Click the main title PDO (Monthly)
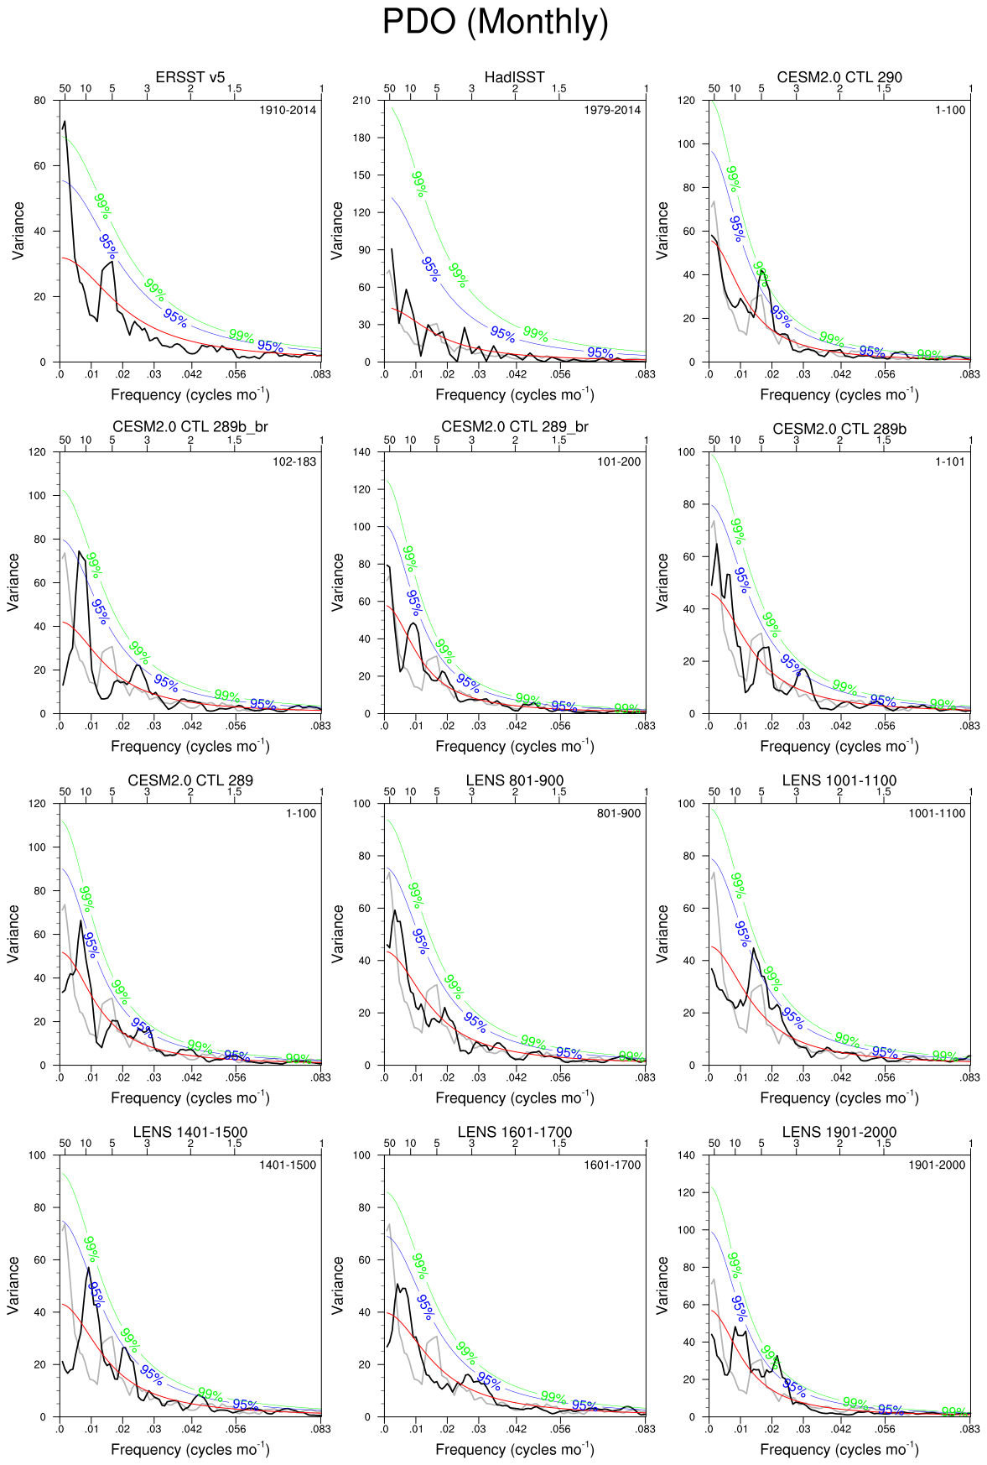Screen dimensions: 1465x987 click(495, 22)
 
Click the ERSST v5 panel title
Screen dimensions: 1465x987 click(190, 77)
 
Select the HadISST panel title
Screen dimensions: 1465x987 click(515, 77)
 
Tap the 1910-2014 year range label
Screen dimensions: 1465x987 click(288, 110)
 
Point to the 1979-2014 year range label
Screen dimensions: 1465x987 click(612, 110)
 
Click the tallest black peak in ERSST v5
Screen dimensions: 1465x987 click(65, 122)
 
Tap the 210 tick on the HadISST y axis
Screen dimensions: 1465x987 click(361, 100)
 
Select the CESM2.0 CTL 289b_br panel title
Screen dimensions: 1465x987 click(190, 427)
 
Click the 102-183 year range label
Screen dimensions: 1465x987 click(294, 461)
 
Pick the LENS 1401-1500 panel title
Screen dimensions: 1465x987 click(190, 1132)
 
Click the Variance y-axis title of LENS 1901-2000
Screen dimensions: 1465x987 click(662, 1285)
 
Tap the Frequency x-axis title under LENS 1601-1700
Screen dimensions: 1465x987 click(515, 1449)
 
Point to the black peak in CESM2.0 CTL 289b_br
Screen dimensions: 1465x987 click(80, 551)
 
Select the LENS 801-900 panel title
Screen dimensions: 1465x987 click(515, 780)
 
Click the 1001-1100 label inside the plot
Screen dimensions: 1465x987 click(937, 813)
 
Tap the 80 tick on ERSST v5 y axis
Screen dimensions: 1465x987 click(40, 100)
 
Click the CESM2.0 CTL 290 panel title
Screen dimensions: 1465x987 click(839, 77)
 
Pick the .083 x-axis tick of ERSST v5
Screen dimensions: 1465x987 click(321, 374)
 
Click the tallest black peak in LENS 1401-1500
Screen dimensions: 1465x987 click(89, 1268)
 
